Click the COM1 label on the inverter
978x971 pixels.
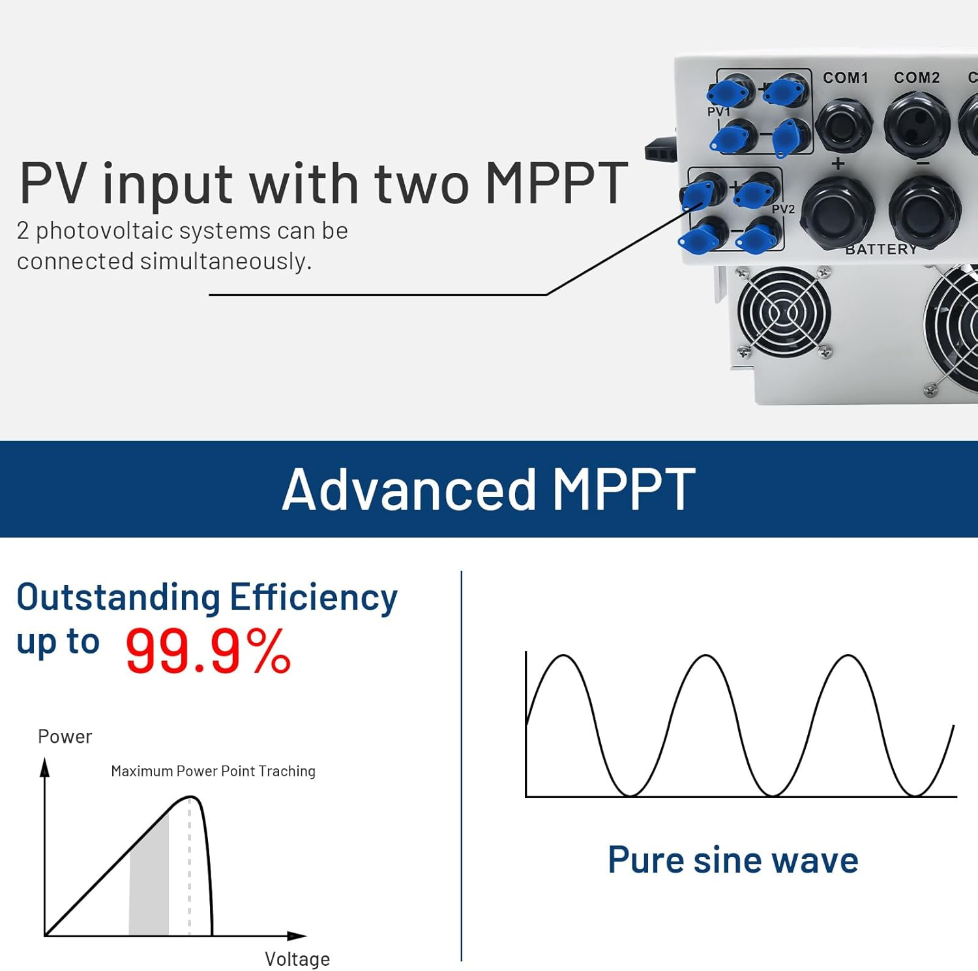(x=846, y=78)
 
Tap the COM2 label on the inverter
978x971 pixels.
(x=917, y=78)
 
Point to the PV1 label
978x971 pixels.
(x=719, y=112)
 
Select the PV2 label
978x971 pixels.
(x=783, y=209)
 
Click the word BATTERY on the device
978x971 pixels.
(x=882, y=249)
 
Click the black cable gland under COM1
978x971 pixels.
(x=844, y=125)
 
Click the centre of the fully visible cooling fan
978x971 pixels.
(x=784, y=312)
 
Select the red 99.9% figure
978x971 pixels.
(x=208, y=651)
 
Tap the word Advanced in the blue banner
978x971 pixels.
(x=409, y=489)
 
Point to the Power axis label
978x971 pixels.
(x=65, y=737)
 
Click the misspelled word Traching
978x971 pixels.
(x=287, y=771)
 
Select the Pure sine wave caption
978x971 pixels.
(x=733, y=859)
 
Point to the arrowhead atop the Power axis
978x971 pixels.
(x=45, y=768)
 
